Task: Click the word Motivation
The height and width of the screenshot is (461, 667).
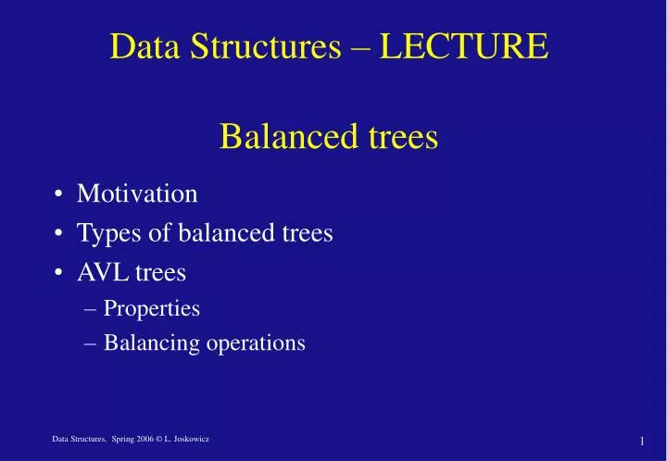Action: pos(137,193)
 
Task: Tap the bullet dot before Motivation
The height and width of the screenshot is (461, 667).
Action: pos(58,194)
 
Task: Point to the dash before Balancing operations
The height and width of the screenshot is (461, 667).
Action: pos(90,343)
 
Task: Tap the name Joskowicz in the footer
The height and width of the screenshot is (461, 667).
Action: pos(190,438)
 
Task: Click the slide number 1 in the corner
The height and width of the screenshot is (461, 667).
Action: pos(641,441)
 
